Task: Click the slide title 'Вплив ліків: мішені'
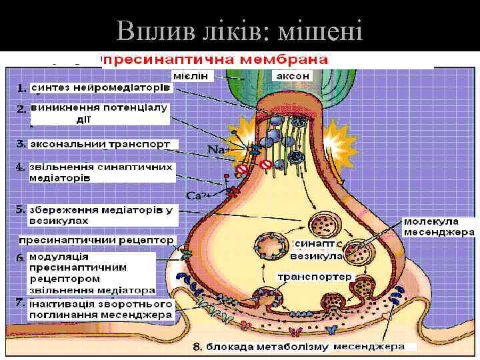[x=239, y=31]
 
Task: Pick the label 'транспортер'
[x=305, y=277]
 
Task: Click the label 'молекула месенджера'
[x=439, y=227]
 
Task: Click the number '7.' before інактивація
[x=21, y=302]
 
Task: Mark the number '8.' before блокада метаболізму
[x=197, y=347]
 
